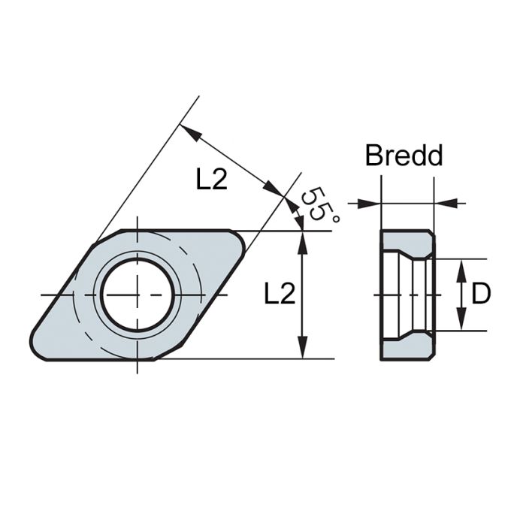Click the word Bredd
click(x=404, y=156)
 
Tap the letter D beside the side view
click(x=481, y=294)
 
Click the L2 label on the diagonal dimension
click(x=211, y=179)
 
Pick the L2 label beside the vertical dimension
click(x=279, y=295)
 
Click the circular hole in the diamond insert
click(x=138, y=294)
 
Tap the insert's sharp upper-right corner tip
click(x=243, y=237)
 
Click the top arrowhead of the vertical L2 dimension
click(x=302, y=239)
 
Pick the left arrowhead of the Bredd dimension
click(x=373, y=203)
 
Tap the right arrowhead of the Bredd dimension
click(x=443, y=203)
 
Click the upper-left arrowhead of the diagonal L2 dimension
click(x=192, y=134)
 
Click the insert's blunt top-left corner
click(x=98, y=240)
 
